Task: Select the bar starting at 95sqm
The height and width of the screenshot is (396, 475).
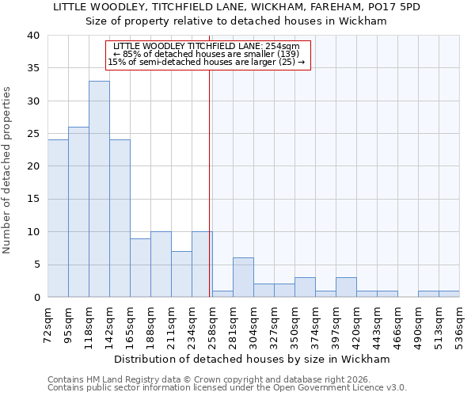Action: [x=78, y=211]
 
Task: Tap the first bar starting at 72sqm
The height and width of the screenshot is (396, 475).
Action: [x=58, y=218]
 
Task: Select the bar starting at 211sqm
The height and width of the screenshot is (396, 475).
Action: [x=181, y=274]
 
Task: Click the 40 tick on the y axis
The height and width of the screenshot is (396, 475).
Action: [x=32, y=36]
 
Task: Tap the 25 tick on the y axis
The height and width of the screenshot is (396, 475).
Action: [x=32, y=134]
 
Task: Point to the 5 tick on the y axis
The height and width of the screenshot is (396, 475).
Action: [x=36, y=265]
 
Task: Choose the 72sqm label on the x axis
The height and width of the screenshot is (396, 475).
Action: [x=47, y=322]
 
